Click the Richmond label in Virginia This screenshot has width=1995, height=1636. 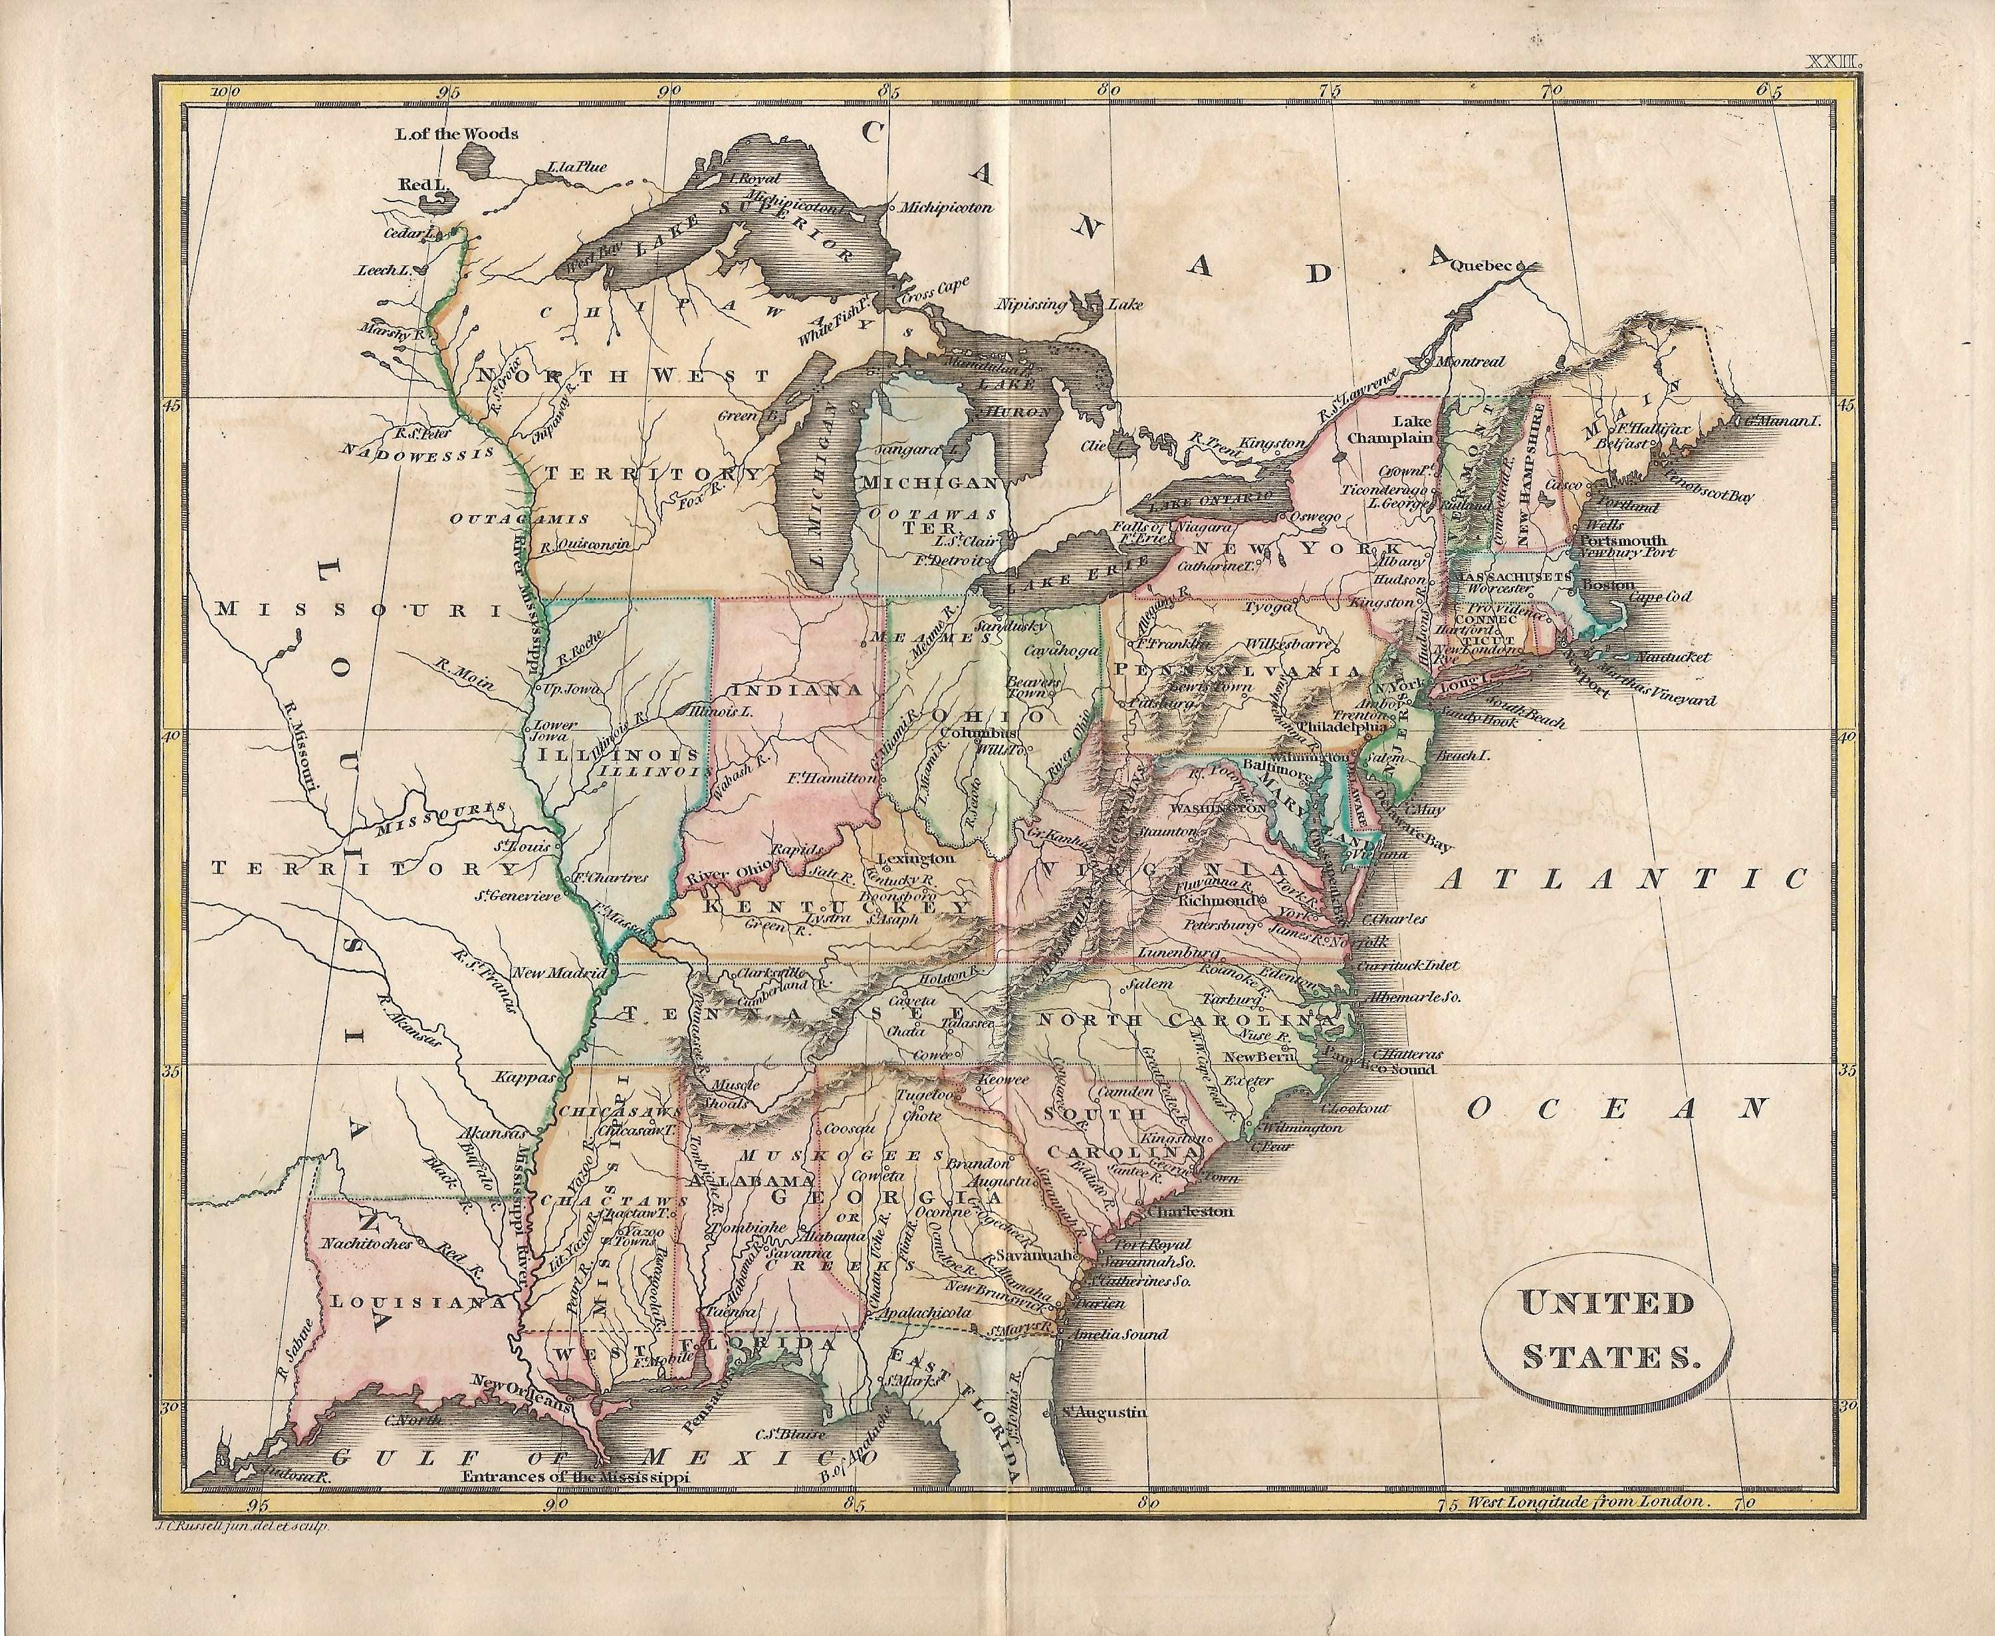pos(1217,900)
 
